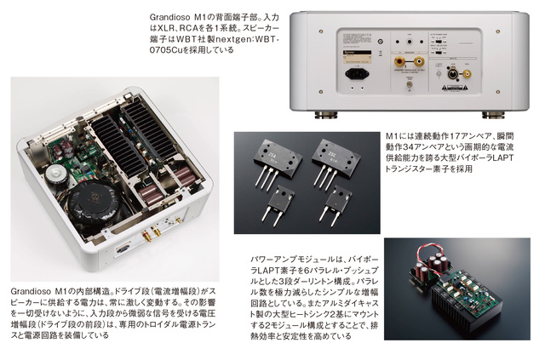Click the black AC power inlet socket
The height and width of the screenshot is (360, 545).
(x=357, y=74)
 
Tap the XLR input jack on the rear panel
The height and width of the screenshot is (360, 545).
(x=453, y=74)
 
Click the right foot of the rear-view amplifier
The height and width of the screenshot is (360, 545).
(x=494, y=115)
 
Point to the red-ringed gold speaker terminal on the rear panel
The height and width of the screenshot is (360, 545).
(x=399, y=62)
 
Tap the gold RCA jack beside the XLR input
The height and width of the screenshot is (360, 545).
(x=467, y=74)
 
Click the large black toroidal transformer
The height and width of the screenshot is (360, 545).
(x=94, y=205)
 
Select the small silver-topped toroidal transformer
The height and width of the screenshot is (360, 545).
(x=55, y=174)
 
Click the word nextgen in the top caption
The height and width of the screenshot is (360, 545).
(x=233, y=39)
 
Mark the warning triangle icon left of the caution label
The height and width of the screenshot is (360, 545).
(x=444, y=88)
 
